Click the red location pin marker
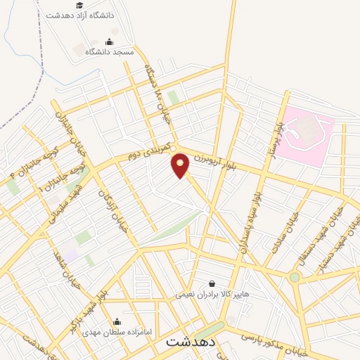point(181,165)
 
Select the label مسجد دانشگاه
point(110,52)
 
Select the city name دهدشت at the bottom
point(190,343)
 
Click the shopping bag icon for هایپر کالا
point(212,284)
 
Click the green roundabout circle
point(295,277)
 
